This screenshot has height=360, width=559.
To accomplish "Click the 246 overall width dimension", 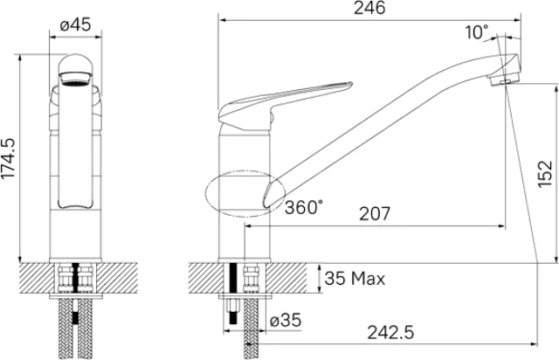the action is (x=369, y=8).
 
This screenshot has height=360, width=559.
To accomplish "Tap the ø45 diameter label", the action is (x=75, y=25).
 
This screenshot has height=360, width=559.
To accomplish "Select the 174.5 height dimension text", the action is (x=8, y=158).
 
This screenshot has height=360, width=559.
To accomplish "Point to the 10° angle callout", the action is (x=476, y=32).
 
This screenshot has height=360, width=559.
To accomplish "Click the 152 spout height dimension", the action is (x=545, y=174).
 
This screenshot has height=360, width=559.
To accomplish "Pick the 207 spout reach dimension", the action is (x=375, y=214).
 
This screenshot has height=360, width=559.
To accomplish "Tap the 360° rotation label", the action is (x=304, y=207).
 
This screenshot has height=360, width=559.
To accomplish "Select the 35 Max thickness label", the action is (x=355, y=278).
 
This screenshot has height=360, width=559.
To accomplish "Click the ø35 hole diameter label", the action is (x=286, y=320).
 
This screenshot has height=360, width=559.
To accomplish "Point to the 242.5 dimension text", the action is (x=391, y=333).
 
